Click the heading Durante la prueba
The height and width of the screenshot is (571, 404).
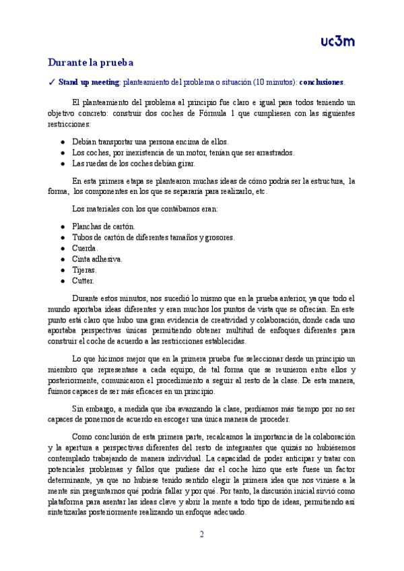[90, 63]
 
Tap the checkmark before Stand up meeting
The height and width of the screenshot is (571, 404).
[52, 82]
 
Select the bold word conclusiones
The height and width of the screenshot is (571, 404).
[321, 82]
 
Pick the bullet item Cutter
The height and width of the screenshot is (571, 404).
[83, 281]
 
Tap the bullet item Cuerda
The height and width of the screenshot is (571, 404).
[85, 248]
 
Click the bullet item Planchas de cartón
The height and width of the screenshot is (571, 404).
[103, 227]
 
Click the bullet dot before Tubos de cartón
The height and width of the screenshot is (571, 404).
[63, 238]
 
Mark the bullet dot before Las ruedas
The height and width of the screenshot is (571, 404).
[63, 163]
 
